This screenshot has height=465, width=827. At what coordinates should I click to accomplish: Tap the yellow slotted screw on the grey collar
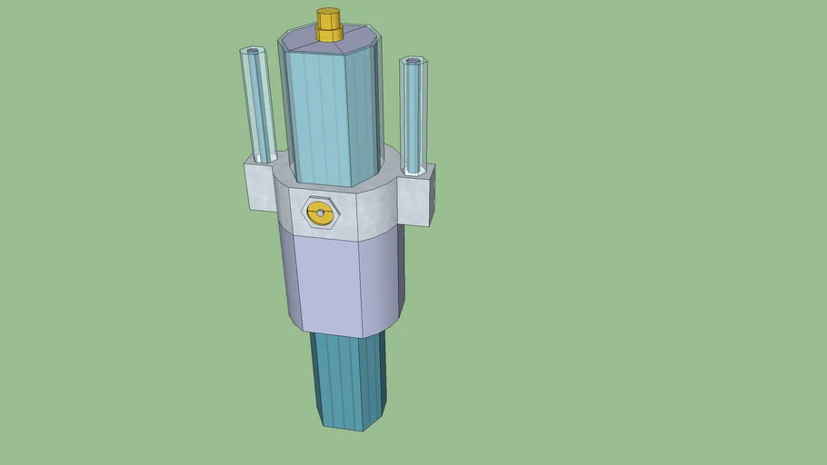[x=319, y=214]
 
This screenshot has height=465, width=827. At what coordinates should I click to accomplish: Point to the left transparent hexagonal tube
[x=258, y=104]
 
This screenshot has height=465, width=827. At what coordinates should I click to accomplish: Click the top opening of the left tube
[x=250, y=52]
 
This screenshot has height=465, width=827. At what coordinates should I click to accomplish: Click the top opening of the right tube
[x=413, y=62]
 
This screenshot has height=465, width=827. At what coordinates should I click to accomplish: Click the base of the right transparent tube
[x=414, y=169]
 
